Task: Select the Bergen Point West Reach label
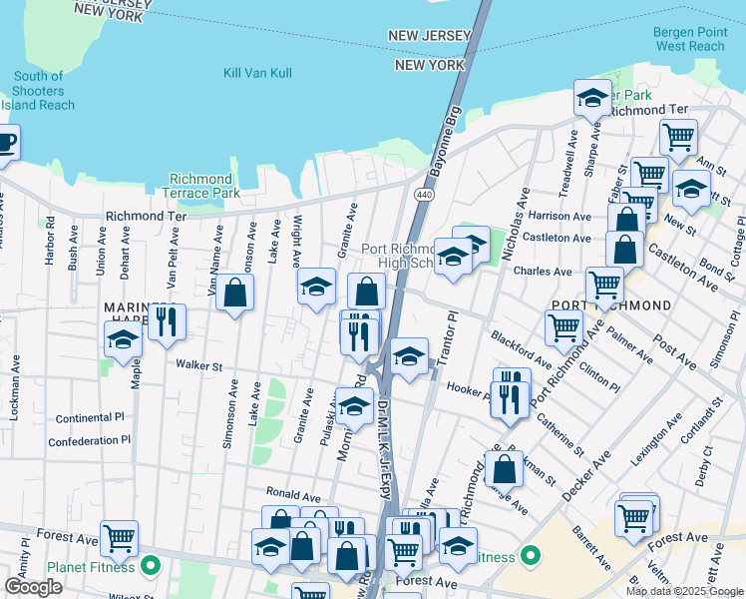[689, 39]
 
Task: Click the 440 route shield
[425, 194]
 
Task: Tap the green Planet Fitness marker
[151, 567]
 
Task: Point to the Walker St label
[198, 366]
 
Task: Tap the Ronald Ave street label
[292, 494]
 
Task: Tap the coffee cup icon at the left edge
[5, 141]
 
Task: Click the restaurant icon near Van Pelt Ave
[167, 320]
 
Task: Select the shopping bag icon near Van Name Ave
[234, 293]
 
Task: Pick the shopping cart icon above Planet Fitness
[119, 538]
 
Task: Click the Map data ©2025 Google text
[683, 591]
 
